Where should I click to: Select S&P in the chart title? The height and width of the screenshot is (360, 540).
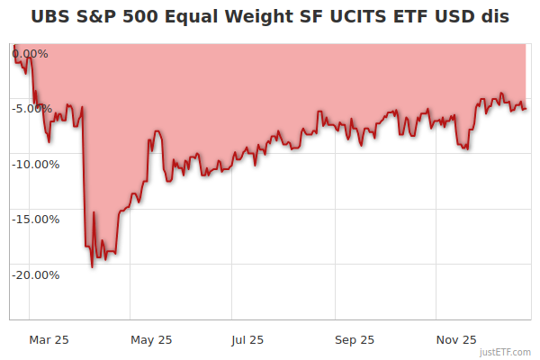tap(100, 17)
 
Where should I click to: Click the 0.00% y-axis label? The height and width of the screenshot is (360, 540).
tap(31, 54)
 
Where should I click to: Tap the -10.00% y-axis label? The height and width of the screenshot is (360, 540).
tap(34, 165)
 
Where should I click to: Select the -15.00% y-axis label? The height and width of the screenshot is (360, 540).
tap(34, 220)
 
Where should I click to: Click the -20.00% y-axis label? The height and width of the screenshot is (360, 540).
tap(34, 275)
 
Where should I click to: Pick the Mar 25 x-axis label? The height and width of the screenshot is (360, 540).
tap(49, 340)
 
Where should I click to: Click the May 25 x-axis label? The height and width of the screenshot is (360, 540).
tap(150, 340)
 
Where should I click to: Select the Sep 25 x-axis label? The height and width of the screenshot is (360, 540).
tap(355, 340)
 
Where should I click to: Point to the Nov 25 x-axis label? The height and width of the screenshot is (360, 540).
tap(456, 340)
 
